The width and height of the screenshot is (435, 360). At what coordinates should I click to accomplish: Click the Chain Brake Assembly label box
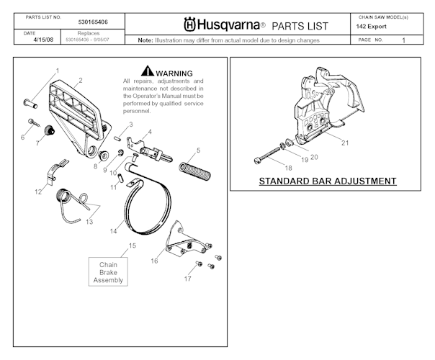point(108,272)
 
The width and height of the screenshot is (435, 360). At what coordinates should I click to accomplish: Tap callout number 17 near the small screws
point(187,278)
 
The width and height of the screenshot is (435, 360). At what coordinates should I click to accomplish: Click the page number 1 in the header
point(404,40)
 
